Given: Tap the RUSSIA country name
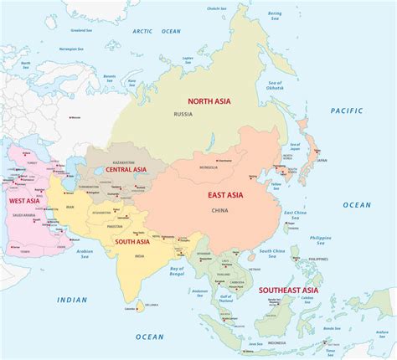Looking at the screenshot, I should coord(183,115).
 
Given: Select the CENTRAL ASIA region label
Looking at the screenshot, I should coord(127,171).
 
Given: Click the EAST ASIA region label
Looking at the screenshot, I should coord(226,195).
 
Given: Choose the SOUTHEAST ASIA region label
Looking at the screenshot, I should coord(292,291).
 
